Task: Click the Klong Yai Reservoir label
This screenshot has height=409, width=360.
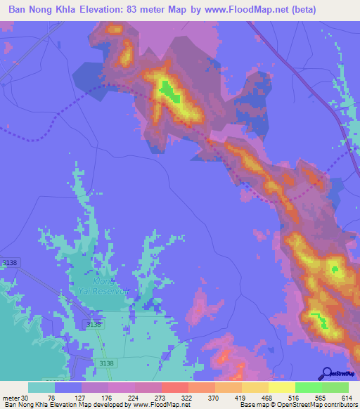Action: [x=108, y=285]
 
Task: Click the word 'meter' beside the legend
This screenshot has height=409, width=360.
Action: [x=10, y=398]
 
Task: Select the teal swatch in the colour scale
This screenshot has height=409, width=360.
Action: [x=41, y=387]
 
